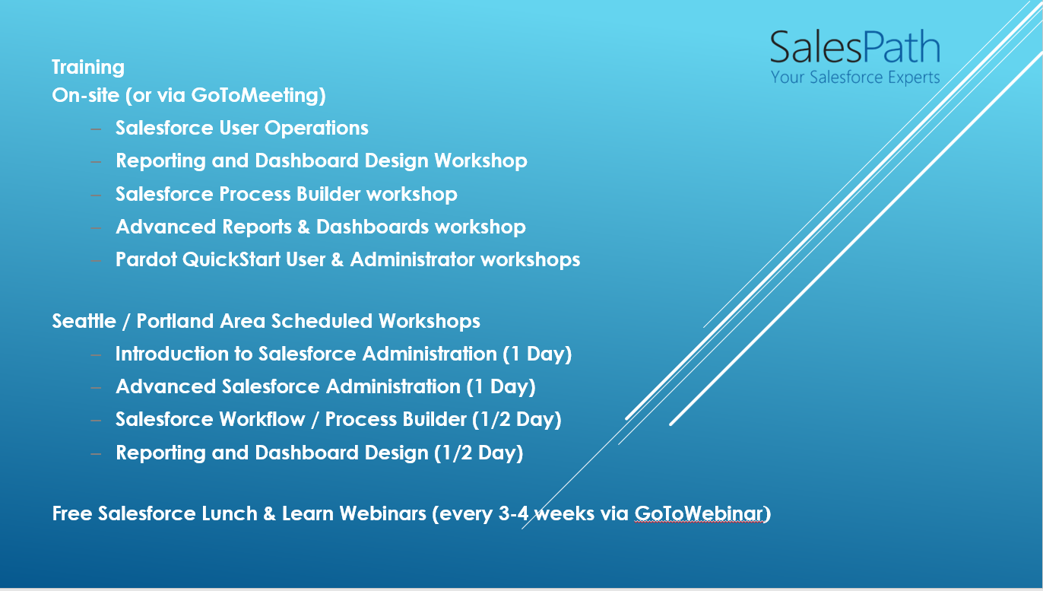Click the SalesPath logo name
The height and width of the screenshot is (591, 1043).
click(x=854, y=47)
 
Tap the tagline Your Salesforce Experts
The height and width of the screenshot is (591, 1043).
click(x=854, y=77)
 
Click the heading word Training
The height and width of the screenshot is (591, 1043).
click(x=88, y=67)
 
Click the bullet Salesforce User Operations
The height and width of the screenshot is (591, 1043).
click(x=242, y=128)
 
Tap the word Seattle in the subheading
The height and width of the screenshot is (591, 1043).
click(x=84, y=321)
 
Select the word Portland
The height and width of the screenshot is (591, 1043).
click(x=176, y=321)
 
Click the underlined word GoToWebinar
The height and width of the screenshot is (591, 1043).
click(x=698, y=513)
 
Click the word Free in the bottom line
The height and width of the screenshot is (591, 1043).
click(x=72, y=513)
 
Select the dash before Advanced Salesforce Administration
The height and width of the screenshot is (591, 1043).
click(x=96, y=387)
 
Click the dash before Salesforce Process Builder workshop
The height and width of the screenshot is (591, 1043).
click(x=96, y=195)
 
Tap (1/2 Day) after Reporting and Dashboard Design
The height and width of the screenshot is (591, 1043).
click(x=478, y=453)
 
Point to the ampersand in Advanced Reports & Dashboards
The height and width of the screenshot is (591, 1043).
click(x=304, y=227)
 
